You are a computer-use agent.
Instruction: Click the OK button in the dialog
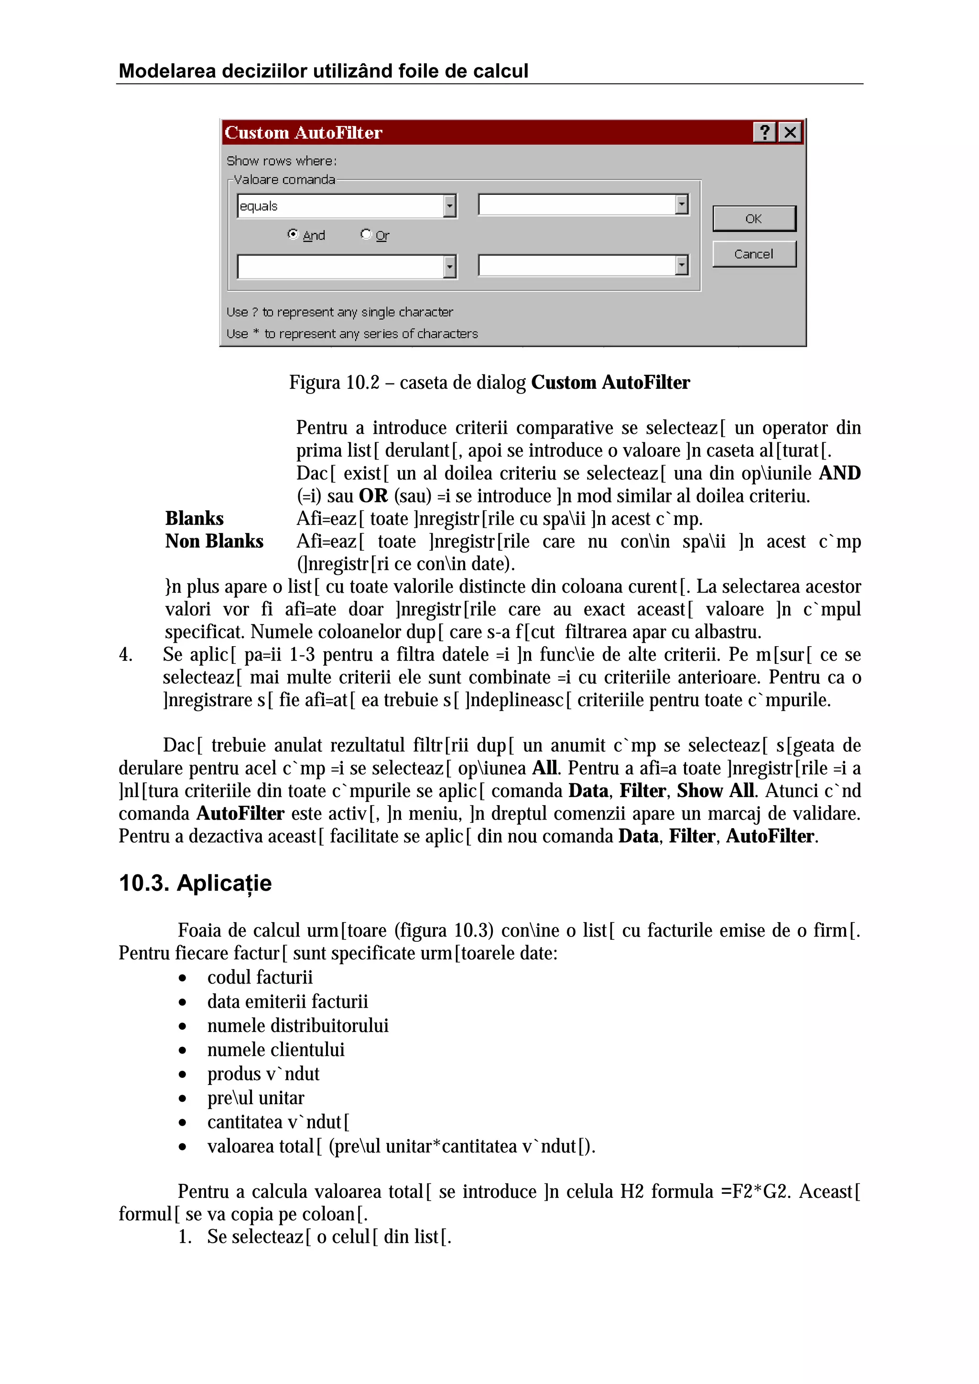pyautogui.click(x=753, y=219)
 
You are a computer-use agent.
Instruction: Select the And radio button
pyautogui.click(x=293, y=234)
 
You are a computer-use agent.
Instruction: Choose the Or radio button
pyautogui.click(x=366, y=234)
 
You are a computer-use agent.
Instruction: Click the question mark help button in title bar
pyautogui.click(x=764, y=132)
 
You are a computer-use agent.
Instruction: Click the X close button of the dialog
pyautogui.click(x=790, y=132)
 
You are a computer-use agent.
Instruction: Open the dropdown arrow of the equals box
pyautogui.click(x=449, y=206)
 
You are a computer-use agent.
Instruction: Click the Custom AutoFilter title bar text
pyautogui.click(x=304, y=133)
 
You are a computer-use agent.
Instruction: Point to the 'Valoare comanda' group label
pyautogui.click(x=284, y=180)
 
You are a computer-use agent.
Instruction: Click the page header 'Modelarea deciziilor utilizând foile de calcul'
pyautogui.click(x=323, y=71)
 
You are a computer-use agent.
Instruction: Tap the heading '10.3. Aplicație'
pyautogui.click(x=195, y=883)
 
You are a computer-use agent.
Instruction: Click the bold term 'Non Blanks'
pyautogui.click(x=214, y=541)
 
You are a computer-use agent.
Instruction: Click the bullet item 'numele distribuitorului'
pyautogui.click(x=297, y=1025)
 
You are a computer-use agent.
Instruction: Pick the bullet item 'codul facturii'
pyautogui.click(x=260, y=977)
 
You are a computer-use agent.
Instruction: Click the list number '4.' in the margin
pyautogui.click(x=125, y=655)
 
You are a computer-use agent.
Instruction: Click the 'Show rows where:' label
pyautogui.click(x=282, y=161)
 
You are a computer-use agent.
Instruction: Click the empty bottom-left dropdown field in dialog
pyautogui.click(x=341, y=266)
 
